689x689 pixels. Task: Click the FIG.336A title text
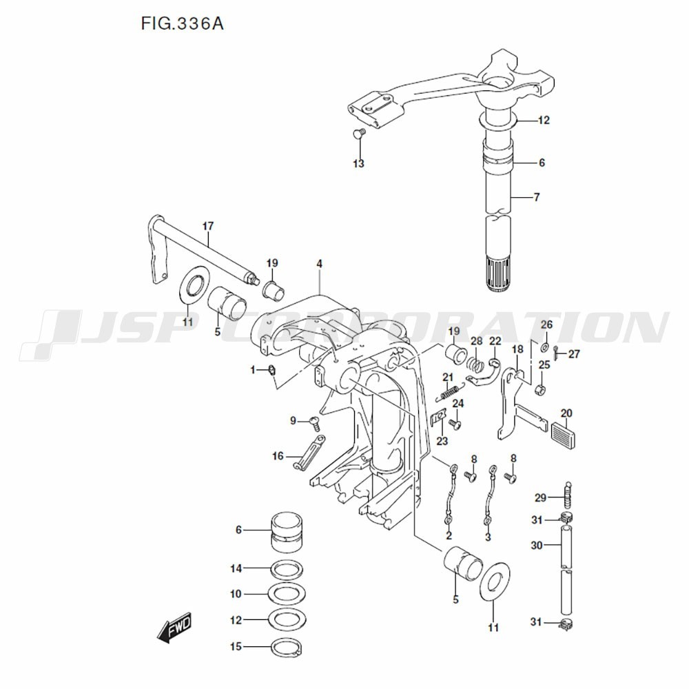(x=182, y=24)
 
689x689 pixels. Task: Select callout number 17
(x=208, y=226)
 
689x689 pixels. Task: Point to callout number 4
(x=320, y=264)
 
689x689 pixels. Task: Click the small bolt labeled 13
(x=358, y=134)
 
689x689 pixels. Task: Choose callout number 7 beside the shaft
(x=536, y=197)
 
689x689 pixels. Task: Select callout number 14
(x=236, y=568)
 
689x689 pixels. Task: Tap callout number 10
(x=236, y=594)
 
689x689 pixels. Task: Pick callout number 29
(x=540, y=497)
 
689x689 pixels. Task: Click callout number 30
(x=537, y=545)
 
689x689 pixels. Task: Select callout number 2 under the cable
(x=449, y=535)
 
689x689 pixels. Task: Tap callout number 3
(x=488, y=536)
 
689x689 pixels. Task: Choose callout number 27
(x=575, y=354)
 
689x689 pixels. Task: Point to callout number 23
(x=442, y=441)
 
